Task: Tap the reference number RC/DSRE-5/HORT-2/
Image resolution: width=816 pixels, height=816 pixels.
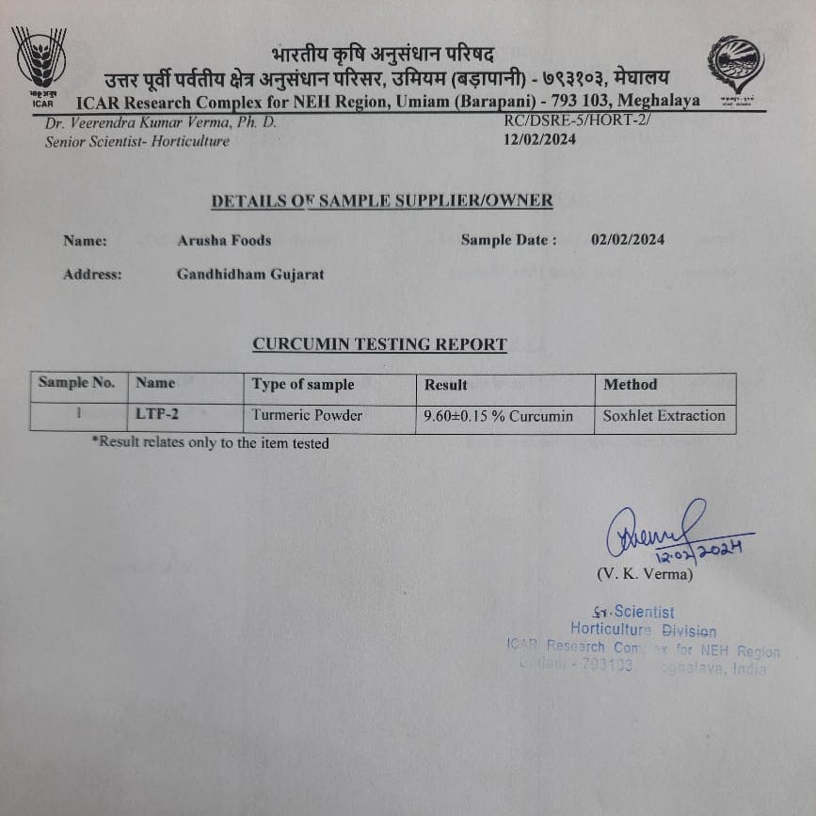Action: pos(577,121)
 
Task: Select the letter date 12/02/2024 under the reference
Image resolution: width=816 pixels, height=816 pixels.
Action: pos(540,139)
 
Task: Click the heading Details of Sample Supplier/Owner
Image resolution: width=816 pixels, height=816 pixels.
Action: pos(381,200)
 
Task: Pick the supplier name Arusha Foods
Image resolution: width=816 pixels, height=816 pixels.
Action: pos(224,240)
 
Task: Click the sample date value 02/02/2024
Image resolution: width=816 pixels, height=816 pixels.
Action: pos(628,239)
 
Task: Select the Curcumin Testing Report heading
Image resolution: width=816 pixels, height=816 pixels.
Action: pos(379,344)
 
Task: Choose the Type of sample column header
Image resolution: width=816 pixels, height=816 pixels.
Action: pos(303,384)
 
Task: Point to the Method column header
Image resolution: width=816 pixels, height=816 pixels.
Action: pos(631,384)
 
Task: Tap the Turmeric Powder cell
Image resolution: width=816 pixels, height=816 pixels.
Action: pos(307,415)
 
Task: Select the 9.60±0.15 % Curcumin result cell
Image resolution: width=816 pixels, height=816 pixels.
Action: pos(499,416)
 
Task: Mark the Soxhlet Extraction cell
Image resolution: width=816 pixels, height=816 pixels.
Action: pos(664,415)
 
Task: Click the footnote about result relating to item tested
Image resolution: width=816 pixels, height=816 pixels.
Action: pos(210,442)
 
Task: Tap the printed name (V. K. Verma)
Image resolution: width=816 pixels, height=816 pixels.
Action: pos(645,573)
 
